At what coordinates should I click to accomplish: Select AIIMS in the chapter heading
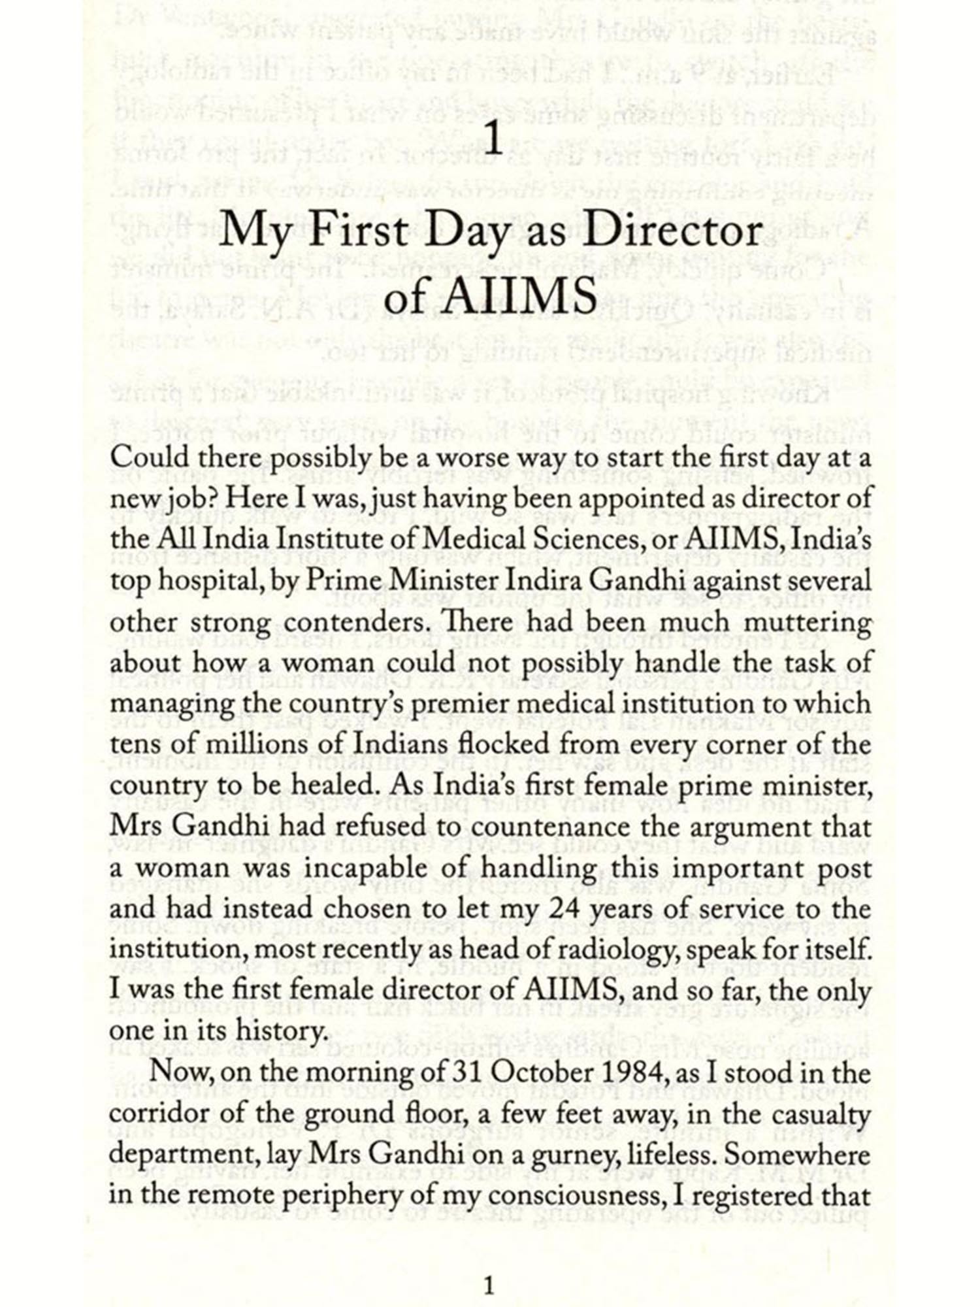click(520, 297)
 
